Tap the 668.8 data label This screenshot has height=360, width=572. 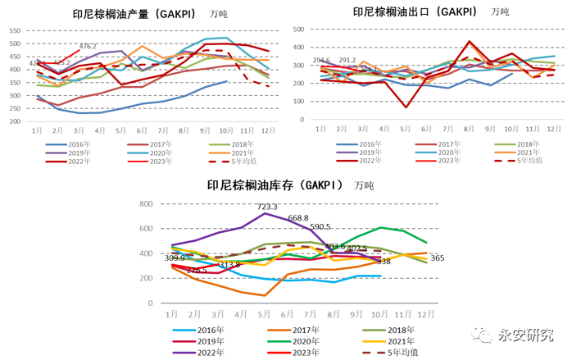[x=297, y=217]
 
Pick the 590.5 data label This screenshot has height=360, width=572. [x=320, y=227]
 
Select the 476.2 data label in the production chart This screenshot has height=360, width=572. [x=88, y=46]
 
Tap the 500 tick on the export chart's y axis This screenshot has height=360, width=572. [x=298, y=28]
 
